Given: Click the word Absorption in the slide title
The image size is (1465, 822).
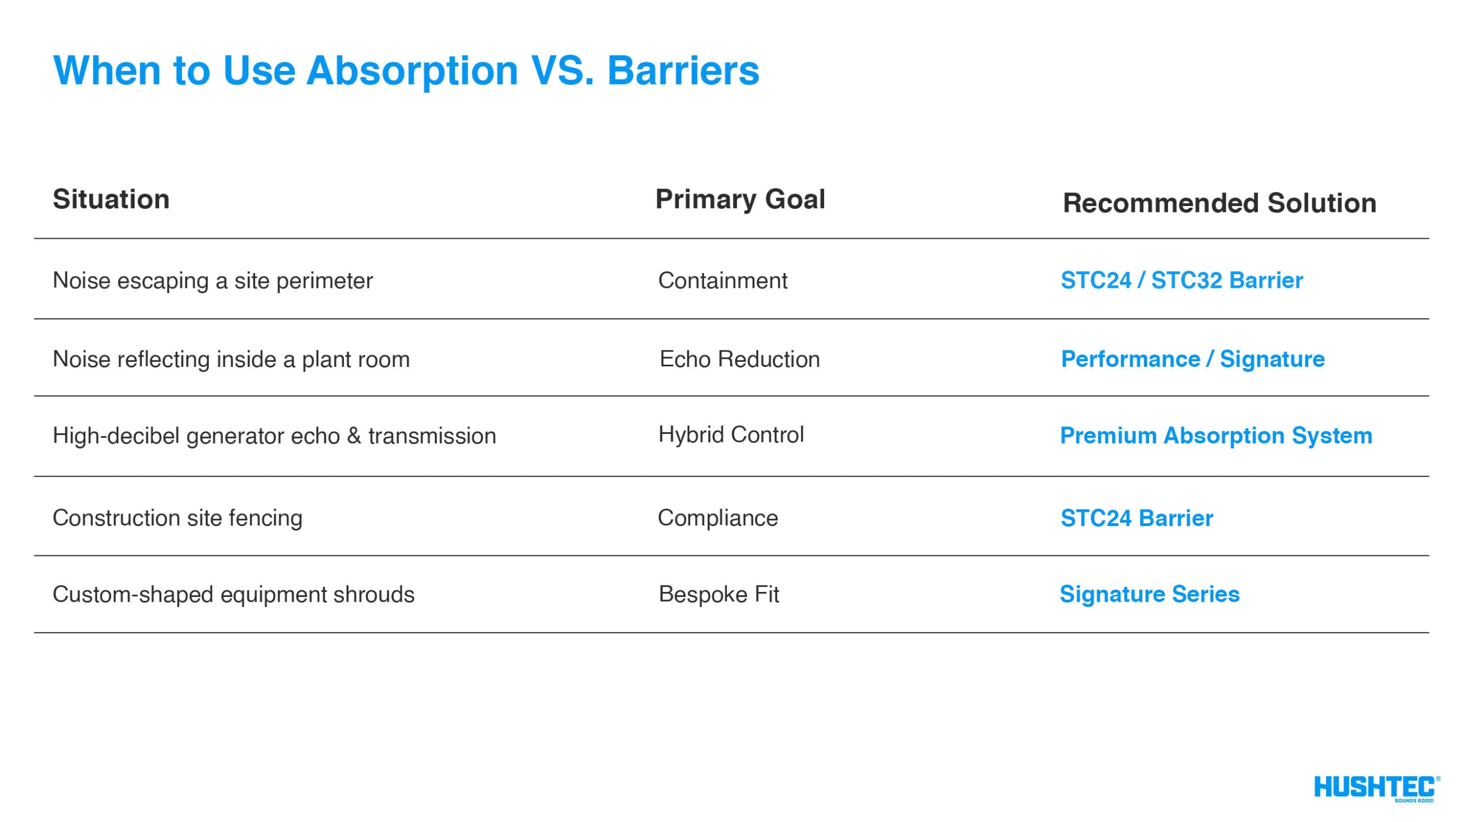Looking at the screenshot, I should coord(412,71).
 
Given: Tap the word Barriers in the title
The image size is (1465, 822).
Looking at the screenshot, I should coord(683,71).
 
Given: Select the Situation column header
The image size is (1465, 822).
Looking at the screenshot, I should coord(111,199).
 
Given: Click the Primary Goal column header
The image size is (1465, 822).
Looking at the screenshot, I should coord(740,199).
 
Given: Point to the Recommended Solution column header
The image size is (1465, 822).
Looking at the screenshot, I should coord(1219,203).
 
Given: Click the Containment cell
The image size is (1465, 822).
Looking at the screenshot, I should coord(722,280).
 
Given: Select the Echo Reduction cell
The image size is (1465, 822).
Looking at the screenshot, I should coord(739,359).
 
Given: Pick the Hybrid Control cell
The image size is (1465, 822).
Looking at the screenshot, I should coord(731,435).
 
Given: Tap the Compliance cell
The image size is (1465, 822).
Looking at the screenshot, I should coord(718,518).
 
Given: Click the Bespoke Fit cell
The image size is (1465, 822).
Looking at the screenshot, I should coord(719,594).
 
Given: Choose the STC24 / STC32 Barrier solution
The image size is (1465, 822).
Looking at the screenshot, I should coord(1181,280).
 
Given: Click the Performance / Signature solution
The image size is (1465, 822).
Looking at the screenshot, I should coord(1193,359).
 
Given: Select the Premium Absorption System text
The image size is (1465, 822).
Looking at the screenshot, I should coord(1215,436).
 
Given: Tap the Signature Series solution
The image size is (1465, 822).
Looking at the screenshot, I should coord(1149,594).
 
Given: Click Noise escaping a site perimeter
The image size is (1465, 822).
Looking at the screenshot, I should coord(212,280).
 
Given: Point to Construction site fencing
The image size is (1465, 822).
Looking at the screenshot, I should coord(177,518).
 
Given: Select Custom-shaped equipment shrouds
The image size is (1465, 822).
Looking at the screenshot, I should coord(233,594).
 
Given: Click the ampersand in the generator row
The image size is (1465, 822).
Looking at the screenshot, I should coord(354,436).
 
